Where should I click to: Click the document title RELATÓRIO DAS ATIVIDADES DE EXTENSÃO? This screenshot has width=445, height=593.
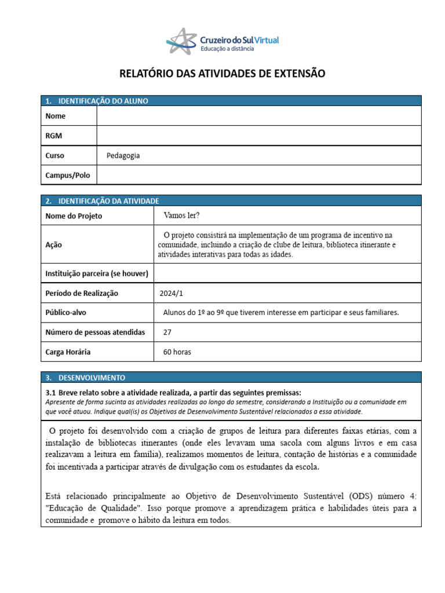point(222,74)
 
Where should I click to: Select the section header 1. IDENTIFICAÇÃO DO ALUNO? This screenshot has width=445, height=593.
point(97,101)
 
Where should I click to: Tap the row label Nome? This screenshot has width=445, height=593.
point(56,116)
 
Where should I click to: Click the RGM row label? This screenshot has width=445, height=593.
point(54,136)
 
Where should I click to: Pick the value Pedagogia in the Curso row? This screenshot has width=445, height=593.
point(123,155)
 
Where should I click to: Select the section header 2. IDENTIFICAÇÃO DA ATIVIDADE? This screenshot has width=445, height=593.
point(102,200)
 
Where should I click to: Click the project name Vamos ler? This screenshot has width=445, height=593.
point(181,215)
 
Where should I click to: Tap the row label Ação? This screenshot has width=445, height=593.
point(54,244)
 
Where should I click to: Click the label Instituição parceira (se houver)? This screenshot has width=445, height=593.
point(97,273)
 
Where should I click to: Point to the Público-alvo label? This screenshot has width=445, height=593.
point(65,313)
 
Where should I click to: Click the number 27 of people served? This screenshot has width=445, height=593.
point(168,332)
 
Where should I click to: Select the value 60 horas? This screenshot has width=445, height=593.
point(177,352)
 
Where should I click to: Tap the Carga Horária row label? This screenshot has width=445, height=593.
point(68,352)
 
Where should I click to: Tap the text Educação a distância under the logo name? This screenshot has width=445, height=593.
point(227,49)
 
